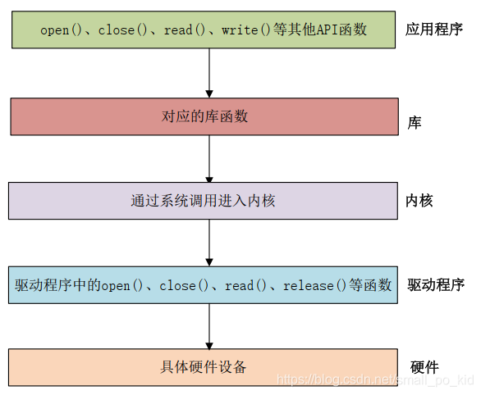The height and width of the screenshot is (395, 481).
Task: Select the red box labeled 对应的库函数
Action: point(204,116)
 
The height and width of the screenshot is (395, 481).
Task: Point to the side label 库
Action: point(415,123)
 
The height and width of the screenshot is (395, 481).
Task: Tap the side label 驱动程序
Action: point(436,285)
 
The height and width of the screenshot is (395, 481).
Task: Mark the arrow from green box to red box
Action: point(209,73)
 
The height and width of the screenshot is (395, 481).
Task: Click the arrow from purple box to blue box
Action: point(209,243)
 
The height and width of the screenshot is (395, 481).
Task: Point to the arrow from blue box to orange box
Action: point(209,327)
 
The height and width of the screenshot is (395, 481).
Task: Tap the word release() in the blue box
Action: point(312,286)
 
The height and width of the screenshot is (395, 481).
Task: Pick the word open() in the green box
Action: point(62,30)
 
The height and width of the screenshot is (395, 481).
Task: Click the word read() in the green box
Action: point(189,30)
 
